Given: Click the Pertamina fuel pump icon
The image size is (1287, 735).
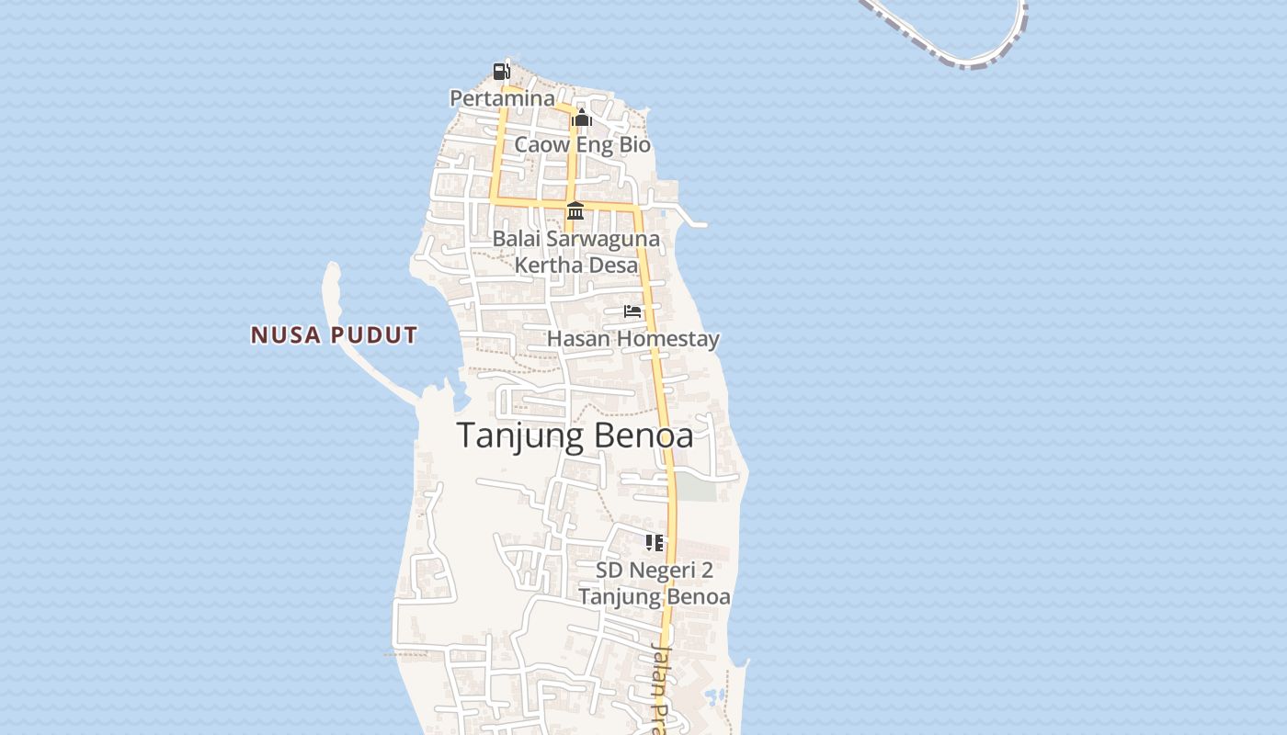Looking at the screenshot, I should pos(501,71).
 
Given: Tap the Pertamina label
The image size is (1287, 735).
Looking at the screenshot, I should pos(502,97).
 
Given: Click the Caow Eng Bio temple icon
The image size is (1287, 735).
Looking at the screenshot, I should pos(581,119).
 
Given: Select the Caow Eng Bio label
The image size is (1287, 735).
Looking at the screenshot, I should pos(582,144).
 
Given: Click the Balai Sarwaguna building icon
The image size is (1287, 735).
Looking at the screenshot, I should pos(575,210).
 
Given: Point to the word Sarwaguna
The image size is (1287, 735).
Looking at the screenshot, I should pos(602,239).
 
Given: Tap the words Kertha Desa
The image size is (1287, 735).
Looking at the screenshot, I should pos(575,265).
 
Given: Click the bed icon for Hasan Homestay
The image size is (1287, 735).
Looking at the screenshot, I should pos(632,311).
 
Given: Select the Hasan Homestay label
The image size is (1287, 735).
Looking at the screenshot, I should pos(632,339).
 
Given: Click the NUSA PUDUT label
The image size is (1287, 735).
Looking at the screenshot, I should pos(335,335).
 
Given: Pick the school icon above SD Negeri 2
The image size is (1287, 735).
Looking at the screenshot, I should pos(654,543).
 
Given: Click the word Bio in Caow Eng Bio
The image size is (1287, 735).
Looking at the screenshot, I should pos(634,144).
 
